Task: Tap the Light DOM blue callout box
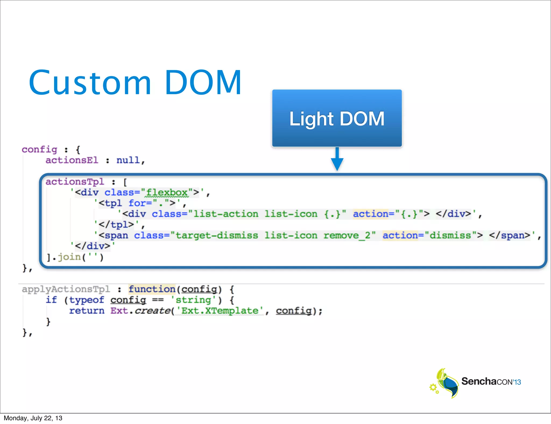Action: coord(337,118)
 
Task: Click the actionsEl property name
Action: coord(72,160)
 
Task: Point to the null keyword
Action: coord(128,160)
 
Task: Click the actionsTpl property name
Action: coord(75,182)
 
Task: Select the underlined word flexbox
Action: coord(167,193)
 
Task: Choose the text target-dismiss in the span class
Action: coord(217,235)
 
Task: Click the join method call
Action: coord(69,257)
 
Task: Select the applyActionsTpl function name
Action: coord(66,289)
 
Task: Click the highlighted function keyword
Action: coord(152,289)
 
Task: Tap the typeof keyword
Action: coord(87,300)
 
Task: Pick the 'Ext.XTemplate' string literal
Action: coord(220,311)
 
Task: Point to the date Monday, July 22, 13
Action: coord(33,418)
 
